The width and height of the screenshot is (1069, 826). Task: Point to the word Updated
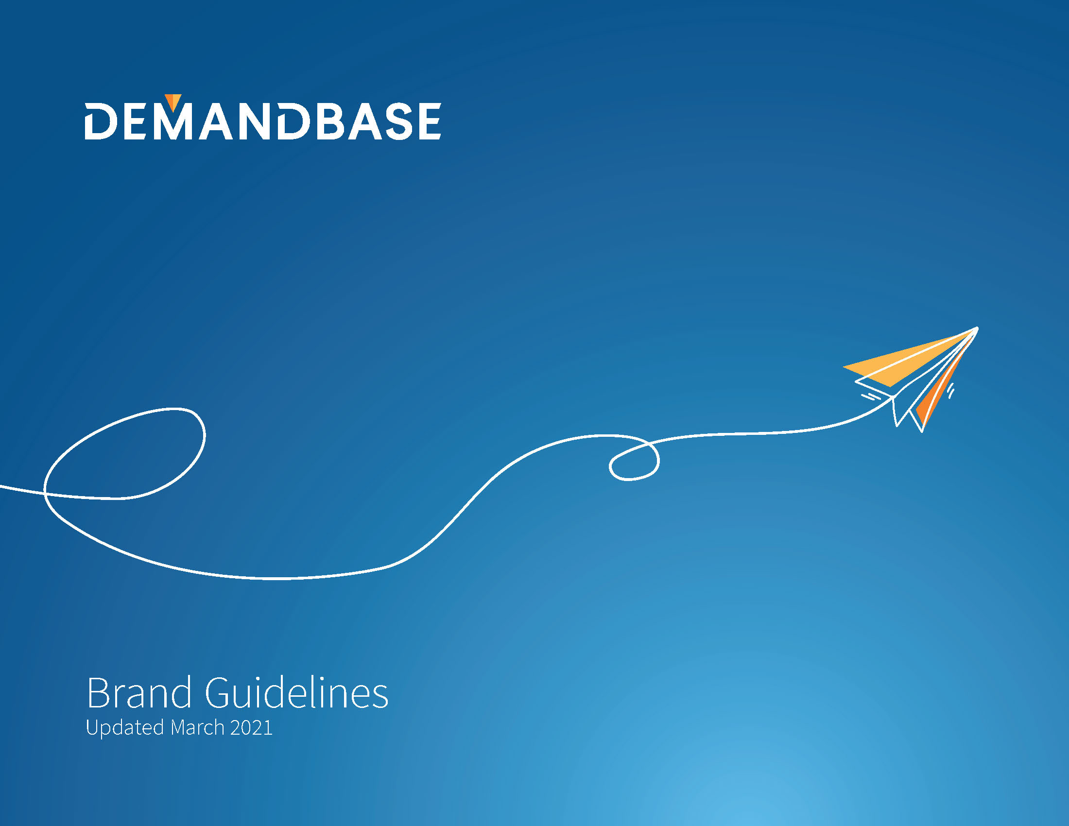pos(125,728)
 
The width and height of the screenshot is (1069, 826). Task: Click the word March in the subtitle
pos(197,728)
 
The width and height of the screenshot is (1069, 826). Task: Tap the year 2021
pos(251,728)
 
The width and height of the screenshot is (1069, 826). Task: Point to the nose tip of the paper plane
pos(977,328)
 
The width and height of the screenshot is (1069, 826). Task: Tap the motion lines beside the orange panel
pos(950,390)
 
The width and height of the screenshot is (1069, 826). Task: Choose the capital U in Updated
pos(91,728)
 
